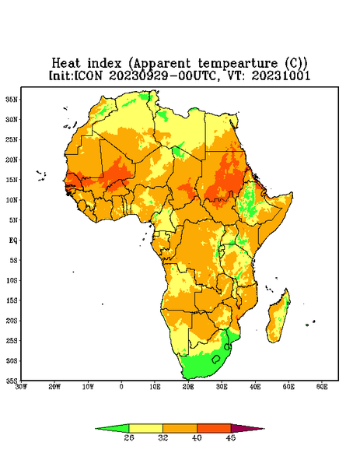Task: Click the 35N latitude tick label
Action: pyautogui.click(x=12, y=99)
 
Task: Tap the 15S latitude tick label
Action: pyautogui.click(x=12, y=300)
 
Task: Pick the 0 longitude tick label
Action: pyautogui.click(x=121, y=387)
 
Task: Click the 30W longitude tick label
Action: pyautogui.click(x=22, y=387)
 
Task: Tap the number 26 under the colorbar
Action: pyautogui.click(x=129, y=437)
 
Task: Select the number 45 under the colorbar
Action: pyautogui.click(x=231, y=437)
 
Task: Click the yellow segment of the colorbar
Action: pyautogui.click(x=145, y=428)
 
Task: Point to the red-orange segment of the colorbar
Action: pyautogui.click(x=214, y=428)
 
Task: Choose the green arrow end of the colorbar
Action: pyautogui.click(x=112, y=428)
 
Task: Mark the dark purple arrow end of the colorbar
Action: pyautogui.click(x=247, y=428)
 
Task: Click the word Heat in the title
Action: pyautogui.click(x=66, y=64)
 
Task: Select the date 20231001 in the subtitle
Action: pyautogui.click(x=281, y=75)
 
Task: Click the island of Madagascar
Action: pyautogui.click(x=279, y=318)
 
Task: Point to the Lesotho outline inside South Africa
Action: pyautogui.click(x=216, y=360)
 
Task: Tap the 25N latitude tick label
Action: pyautogui.click(x=12, y=139)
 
